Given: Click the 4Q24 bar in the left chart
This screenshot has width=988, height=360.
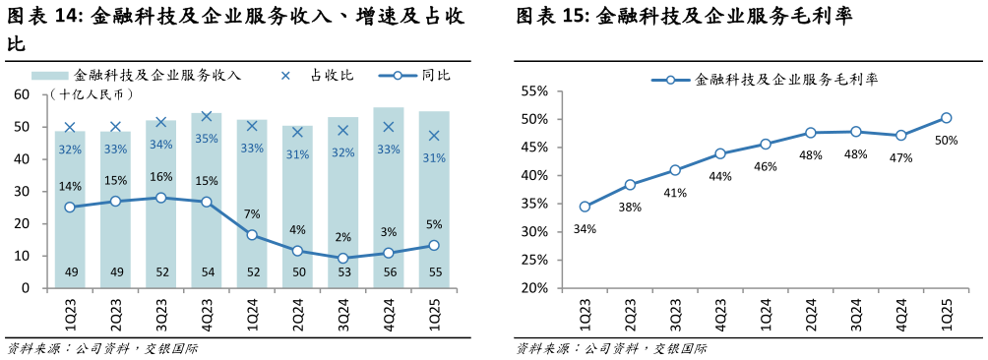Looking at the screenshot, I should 388,197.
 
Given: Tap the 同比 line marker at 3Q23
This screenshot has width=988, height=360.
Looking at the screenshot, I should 160,198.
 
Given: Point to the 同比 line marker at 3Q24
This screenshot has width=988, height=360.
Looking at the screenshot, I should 342,259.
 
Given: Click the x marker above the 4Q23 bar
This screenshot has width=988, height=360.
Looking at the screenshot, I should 206,117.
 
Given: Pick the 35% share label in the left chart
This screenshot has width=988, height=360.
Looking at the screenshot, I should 206,139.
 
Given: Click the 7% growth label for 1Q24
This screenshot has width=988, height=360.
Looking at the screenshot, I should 251,213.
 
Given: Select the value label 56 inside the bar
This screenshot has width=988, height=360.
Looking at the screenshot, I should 388,272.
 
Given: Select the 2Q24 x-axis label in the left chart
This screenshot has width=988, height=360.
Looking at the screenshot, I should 297,313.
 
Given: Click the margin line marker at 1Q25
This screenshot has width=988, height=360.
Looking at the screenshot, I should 946,118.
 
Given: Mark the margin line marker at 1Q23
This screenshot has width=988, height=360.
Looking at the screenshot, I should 585,207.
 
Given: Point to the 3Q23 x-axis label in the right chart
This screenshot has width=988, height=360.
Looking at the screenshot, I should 675,313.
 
